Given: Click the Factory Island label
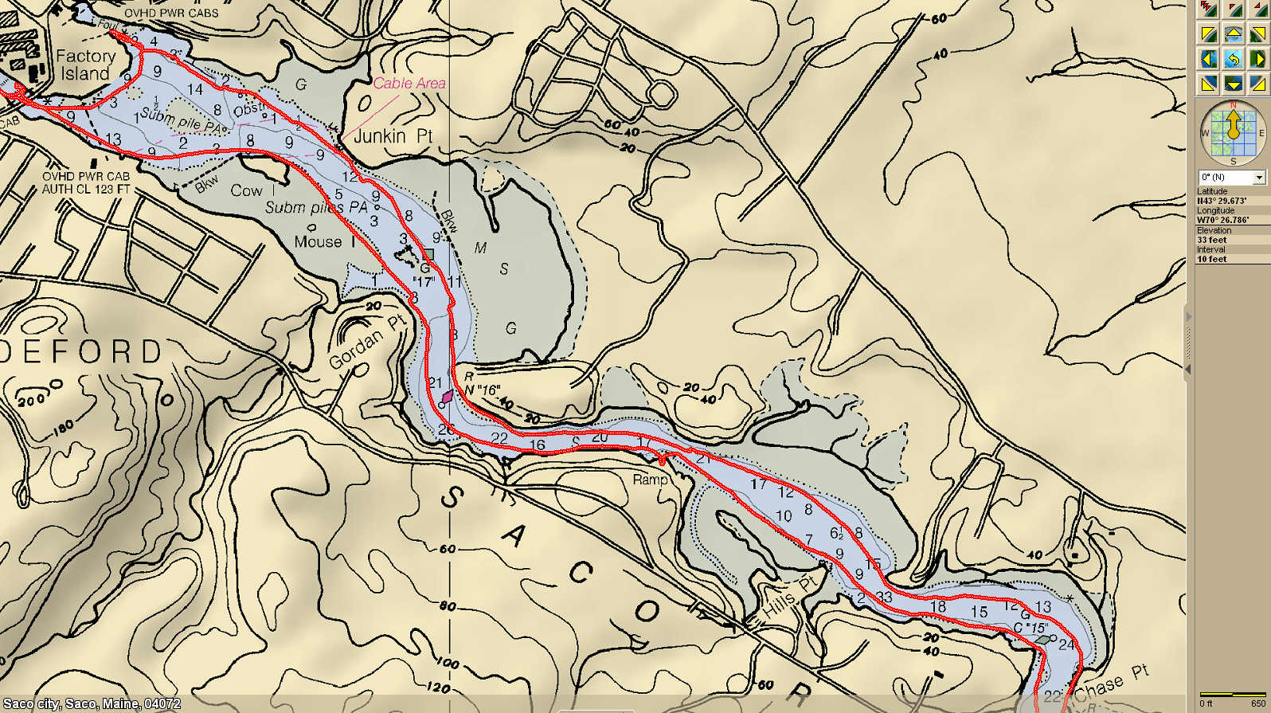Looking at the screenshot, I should [85, 65].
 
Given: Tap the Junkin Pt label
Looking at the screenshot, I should [393, 136].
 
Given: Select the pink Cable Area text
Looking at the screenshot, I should [409, 83].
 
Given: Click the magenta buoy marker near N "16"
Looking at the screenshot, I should [448, 396].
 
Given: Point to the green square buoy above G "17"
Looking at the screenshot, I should [428, 255].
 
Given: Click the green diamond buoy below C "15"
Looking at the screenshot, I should [1042, 640].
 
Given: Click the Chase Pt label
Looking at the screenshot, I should [1112, 684].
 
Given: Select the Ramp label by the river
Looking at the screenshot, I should [650, 480].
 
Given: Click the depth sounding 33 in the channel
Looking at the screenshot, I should [884, 597].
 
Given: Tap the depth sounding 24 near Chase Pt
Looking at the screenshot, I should [1066, 644].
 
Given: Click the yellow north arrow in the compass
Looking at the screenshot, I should [1233, 124].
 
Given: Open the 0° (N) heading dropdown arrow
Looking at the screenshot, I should [1259, 177].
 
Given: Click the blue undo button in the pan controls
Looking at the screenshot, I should [1233, 59].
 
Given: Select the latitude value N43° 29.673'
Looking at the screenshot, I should [1222, 201].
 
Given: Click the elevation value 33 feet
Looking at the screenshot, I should [1212, 240].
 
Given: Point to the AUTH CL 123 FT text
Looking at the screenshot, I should [86, 189].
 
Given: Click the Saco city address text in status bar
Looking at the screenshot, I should [92, 704].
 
